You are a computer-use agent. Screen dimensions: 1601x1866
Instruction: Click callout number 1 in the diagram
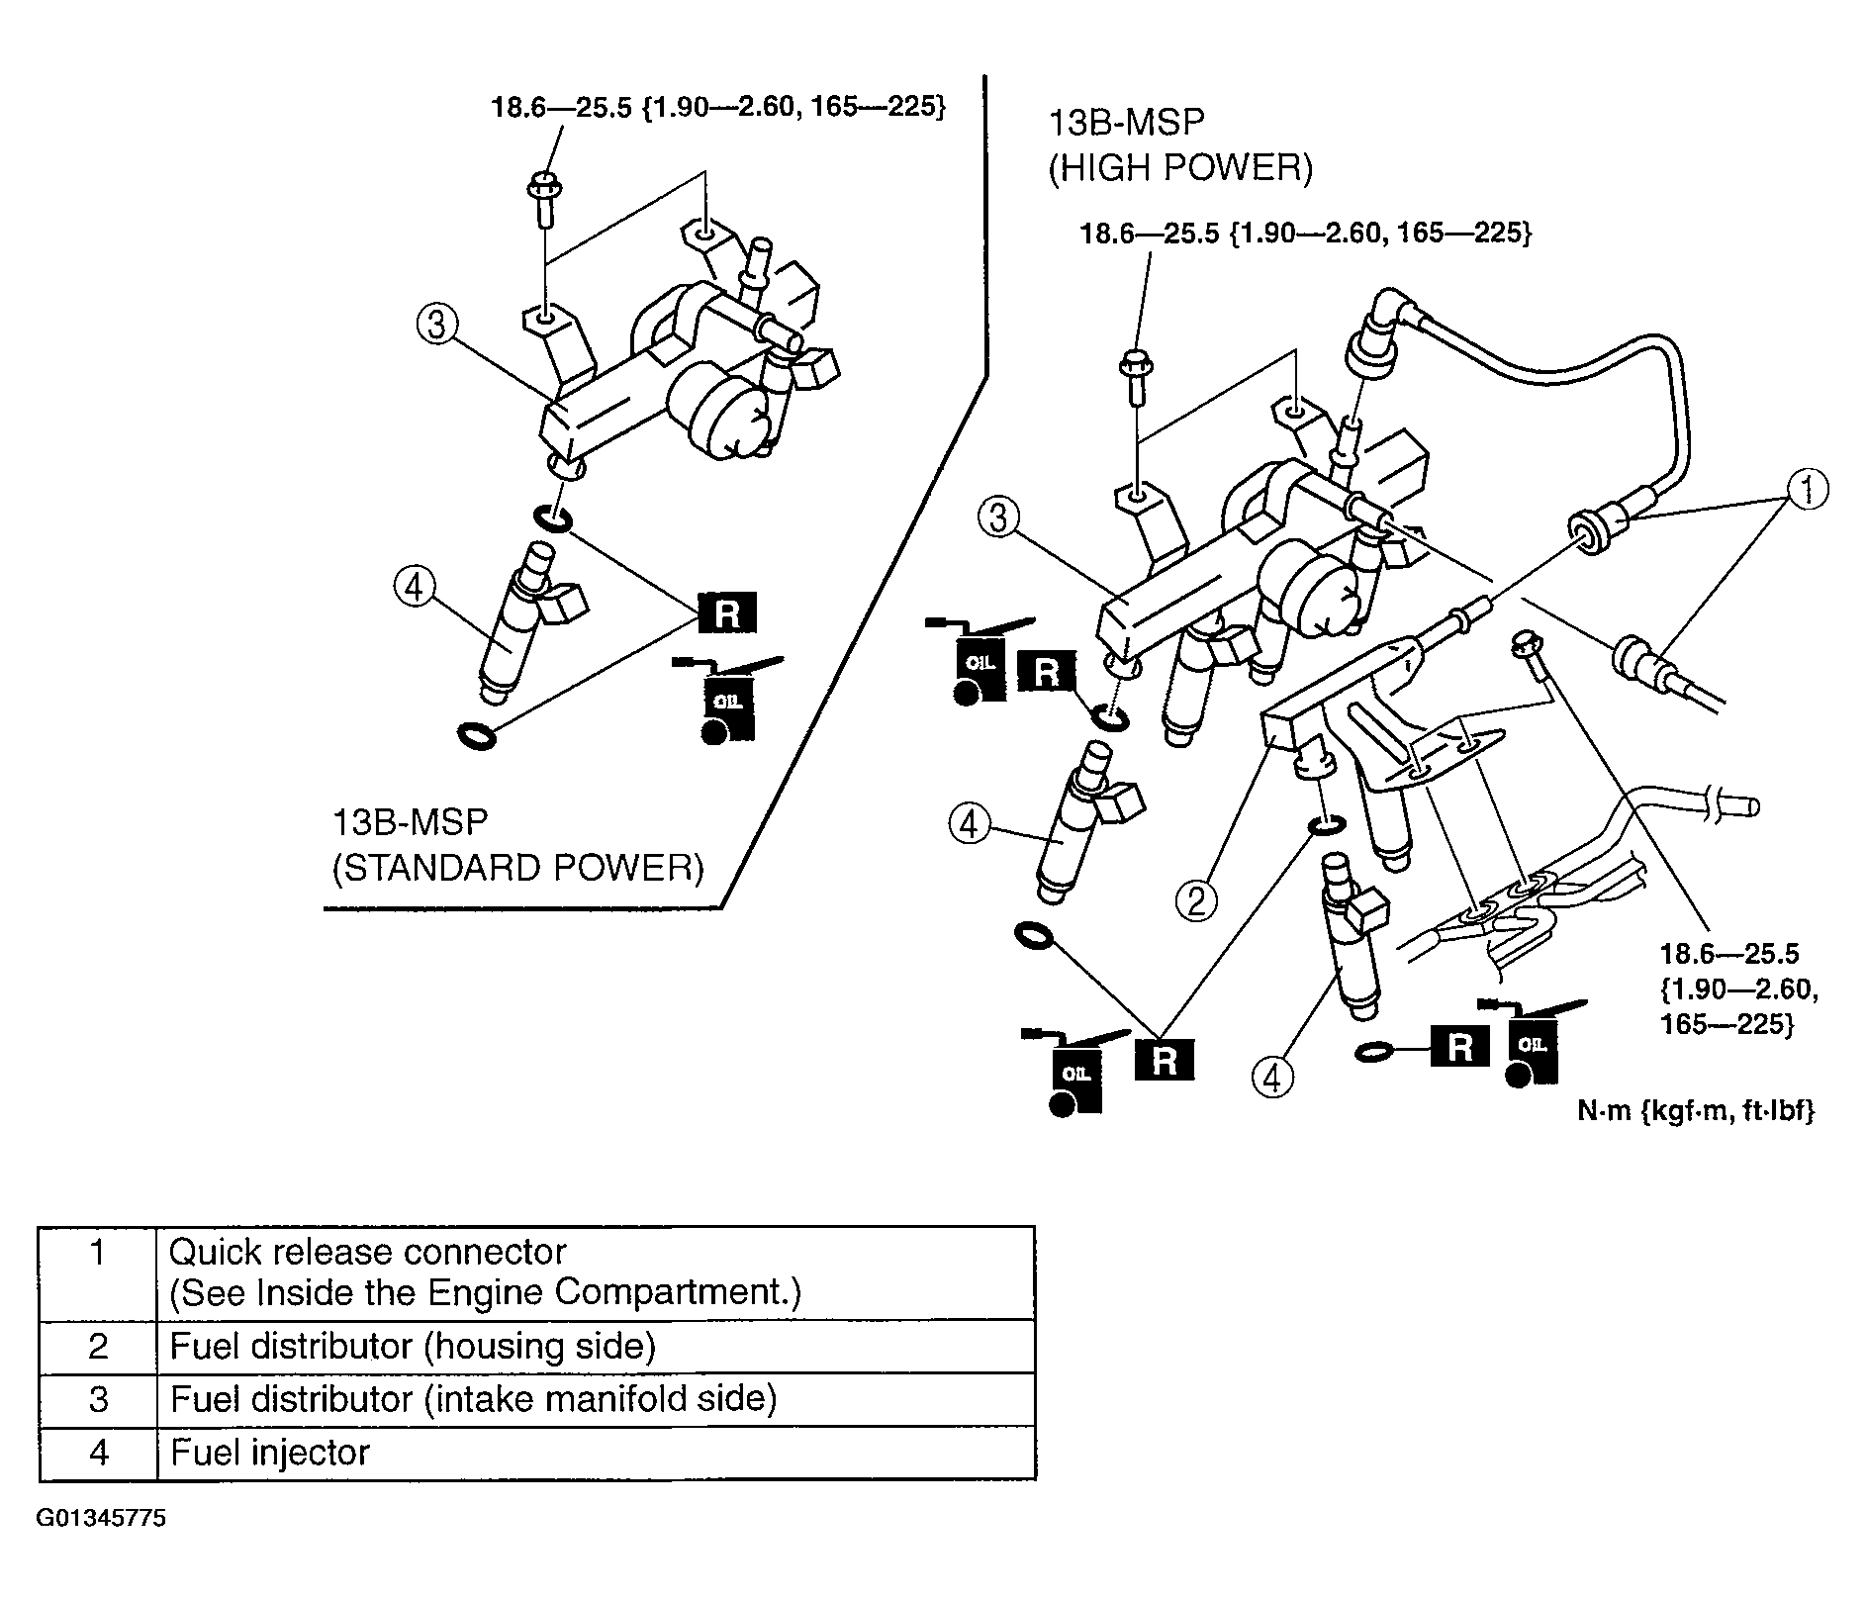[x=1807, y=490]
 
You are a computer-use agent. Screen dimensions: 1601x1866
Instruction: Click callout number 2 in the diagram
[x=1196, y=900]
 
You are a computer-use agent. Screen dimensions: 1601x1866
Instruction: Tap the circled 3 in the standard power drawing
[x=436, y=324]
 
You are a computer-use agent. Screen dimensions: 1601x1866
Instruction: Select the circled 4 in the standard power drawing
[x=414, y=588]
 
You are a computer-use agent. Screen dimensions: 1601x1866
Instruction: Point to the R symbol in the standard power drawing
[x=726, y=613]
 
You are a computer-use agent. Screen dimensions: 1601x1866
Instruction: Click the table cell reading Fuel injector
[x=270, y=1453]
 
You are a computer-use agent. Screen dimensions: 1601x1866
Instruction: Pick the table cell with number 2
[x=98, y=1347]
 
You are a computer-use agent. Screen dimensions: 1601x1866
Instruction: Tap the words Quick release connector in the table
[x=367, y=1253]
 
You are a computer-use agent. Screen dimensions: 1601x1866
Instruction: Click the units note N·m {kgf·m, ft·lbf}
[x=1696, y=1111]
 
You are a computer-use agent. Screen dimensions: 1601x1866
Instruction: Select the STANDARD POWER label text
[x=517, y=868]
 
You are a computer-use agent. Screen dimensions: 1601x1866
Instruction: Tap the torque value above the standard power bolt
[x=718, y=107]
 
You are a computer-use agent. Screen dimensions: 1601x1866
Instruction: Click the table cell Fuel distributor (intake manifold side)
[x=473, y=1399]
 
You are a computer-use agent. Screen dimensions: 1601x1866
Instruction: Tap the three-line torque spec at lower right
[x=1738, y=989]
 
